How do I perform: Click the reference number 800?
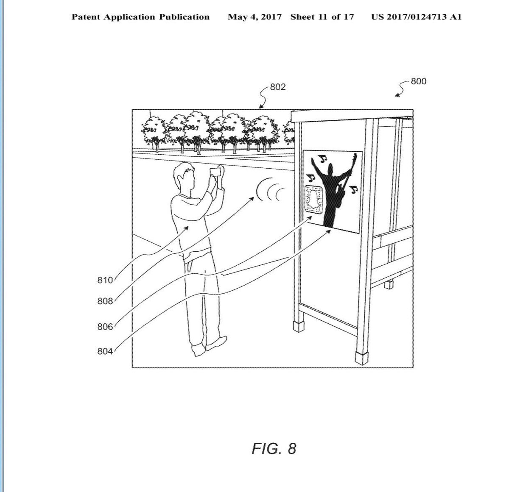click(x=418, y=81)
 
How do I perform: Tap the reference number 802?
click(x=278, y=87)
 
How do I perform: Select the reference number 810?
click(x=105, y=280)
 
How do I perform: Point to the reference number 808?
click(x=105, y=301)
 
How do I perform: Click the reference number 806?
click(x=105, y=327)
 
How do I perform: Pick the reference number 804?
click(x=105, y=351)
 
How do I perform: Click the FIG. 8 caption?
click(x=274, y=448)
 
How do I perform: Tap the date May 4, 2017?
click(x=255, y=17)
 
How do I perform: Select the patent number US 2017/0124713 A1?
click(x=416, y=17)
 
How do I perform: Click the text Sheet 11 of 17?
click(x=322, y=17)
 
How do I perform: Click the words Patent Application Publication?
click(x=140, y=17)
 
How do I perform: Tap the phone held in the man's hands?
click(x=215, y=172)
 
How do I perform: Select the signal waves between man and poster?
click(x=270, y=191)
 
